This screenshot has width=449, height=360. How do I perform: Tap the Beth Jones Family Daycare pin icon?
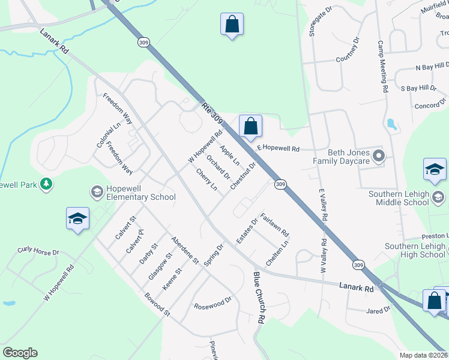378,157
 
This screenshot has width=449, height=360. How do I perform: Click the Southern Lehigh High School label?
415,250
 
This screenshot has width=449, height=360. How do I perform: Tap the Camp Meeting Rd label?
382,67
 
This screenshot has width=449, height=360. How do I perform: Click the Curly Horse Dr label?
38,251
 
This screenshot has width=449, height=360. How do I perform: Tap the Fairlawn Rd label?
276,224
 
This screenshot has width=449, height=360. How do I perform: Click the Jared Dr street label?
378,310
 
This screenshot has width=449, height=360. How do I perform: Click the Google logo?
20,353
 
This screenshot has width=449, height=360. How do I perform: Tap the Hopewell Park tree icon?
46,185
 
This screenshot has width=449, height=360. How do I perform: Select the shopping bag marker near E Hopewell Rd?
250,126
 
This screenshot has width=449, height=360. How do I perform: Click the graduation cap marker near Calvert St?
78,218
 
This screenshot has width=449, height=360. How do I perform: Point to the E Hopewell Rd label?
278,147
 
